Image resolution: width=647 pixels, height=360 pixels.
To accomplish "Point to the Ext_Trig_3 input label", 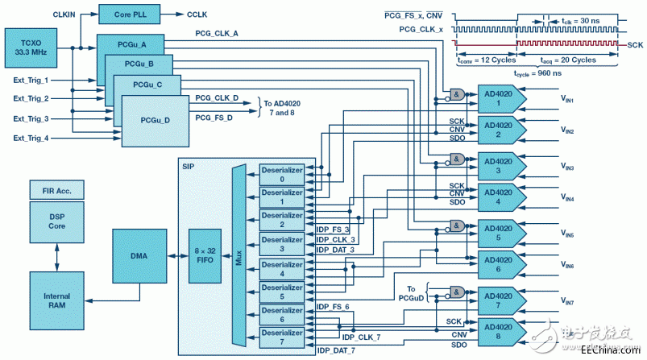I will point(31,118).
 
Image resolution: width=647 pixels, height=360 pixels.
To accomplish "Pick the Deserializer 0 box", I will point(281,175).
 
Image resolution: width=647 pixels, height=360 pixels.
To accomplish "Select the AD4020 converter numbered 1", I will point(501,98).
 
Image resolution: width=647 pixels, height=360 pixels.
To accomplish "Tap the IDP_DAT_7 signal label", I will point(336,350).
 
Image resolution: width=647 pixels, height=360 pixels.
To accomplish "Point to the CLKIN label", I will point(64,14).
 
